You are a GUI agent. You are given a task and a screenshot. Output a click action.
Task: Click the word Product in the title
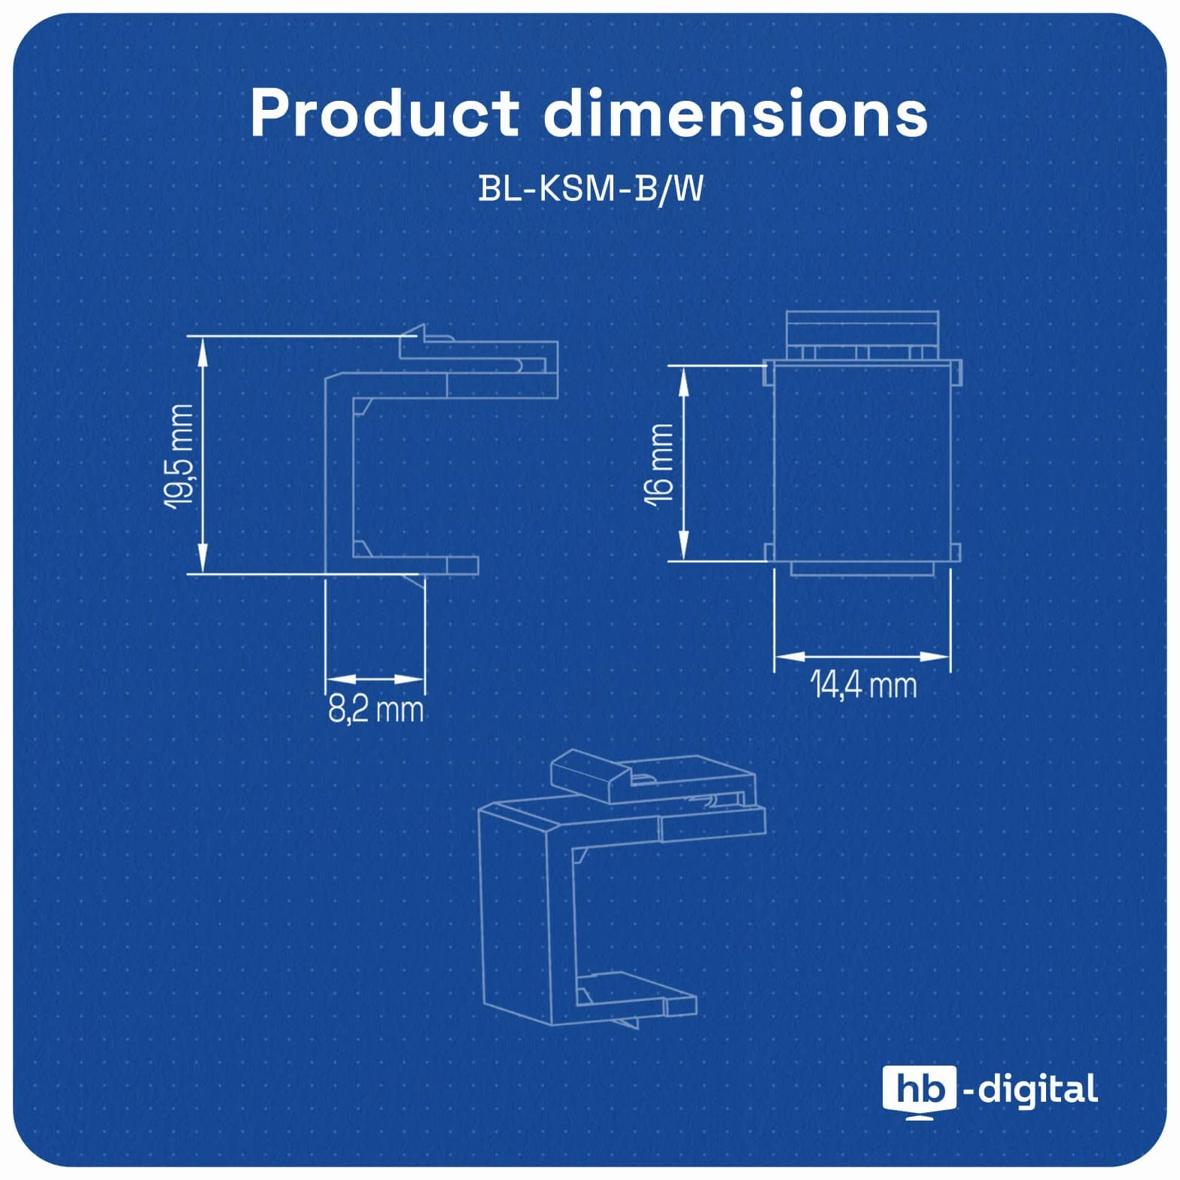(x=385, y=114)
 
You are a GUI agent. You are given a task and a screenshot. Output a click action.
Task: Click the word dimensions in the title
(x=736, y=113)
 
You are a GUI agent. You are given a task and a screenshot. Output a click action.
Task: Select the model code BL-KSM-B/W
(x=591, y=189)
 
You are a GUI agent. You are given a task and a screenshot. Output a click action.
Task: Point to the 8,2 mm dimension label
(x=376, y=709)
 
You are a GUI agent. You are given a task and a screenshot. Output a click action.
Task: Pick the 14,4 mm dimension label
(x=863, y=685)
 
